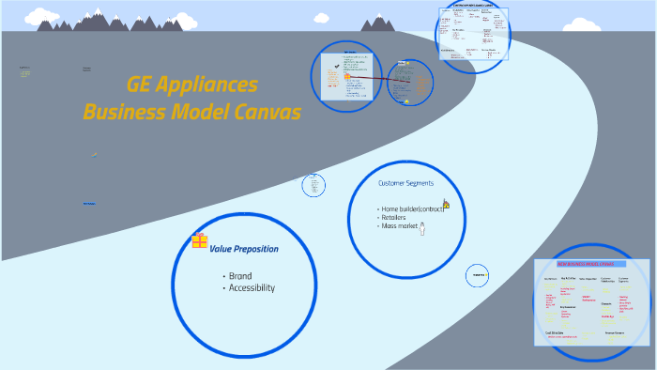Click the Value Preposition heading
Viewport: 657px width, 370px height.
point(243,249)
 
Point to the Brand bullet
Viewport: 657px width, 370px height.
point(239,276)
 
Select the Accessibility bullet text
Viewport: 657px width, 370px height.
point(251,288)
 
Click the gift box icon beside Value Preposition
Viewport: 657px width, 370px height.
point(199,241)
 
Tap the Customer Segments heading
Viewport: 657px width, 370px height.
point(405,183)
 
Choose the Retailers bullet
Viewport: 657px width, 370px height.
point(394,217)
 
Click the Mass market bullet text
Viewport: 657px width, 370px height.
point(398,226)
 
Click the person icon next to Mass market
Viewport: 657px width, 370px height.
point(422,228)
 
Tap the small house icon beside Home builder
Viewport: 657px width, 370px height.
point(446,204)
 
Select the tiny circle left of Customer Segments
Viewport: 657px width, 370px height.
point(313,186)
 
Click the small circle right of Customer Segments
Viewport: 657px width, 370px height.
point(477,275)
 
